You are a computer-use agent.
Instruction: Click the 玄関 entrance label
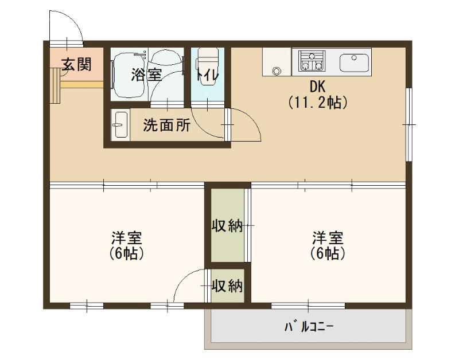(x=76, y=64)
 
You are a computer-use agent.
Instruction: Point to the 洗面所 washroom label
(x=166, y=126)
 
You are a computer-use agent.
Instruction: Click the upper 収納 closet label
(x=228, y=226)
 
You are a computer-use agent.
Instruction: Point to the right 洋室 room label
(x=328, y=237)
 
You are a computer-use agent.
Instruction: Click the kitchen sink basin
(x=355, y=61)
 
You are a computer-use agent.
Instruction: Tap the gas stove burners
(x=311, y=61)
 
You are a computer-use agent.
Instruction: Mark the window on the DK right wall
(x=409, y=124)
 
